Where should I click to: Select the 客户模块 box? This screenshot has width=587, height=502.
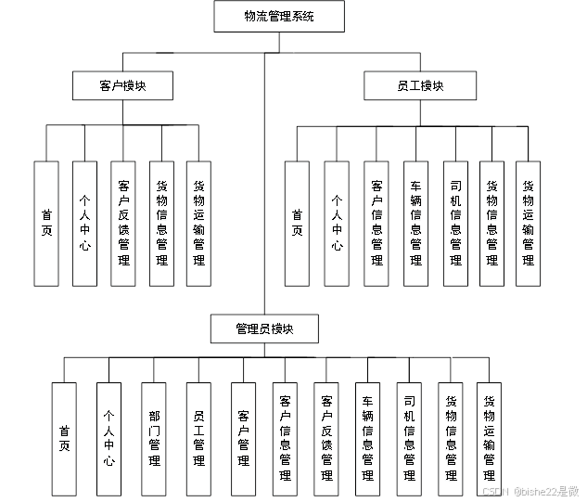[123, 86]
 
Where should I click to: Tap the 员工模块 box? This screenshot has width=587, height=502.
[420, 86]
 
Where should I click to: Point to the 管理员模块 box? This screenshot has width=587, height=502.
[264, 328]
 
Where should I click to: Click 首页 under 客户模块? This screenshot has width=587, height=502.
[46, 223]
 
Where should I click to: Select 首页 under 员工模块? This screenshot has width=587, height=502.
[297, 223]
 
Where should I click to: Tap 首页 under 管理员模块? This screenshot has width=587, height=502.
[64, 438]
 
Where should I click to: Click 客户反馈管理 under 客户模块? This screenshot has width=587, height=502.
[123, 223]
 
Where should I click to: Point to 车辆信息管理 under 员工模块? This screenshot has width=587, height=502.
[415, 223]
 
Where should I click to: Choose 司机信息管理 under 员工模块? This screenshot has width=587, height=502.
[454, 223]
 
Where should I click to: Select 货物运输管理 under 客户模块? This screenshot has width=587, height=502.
[198, 223]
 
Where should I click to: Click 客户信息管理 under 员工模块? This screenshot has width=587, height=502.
[376, 223]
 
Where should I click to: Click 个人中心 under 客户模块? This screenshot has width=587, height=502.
[84, 223]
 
